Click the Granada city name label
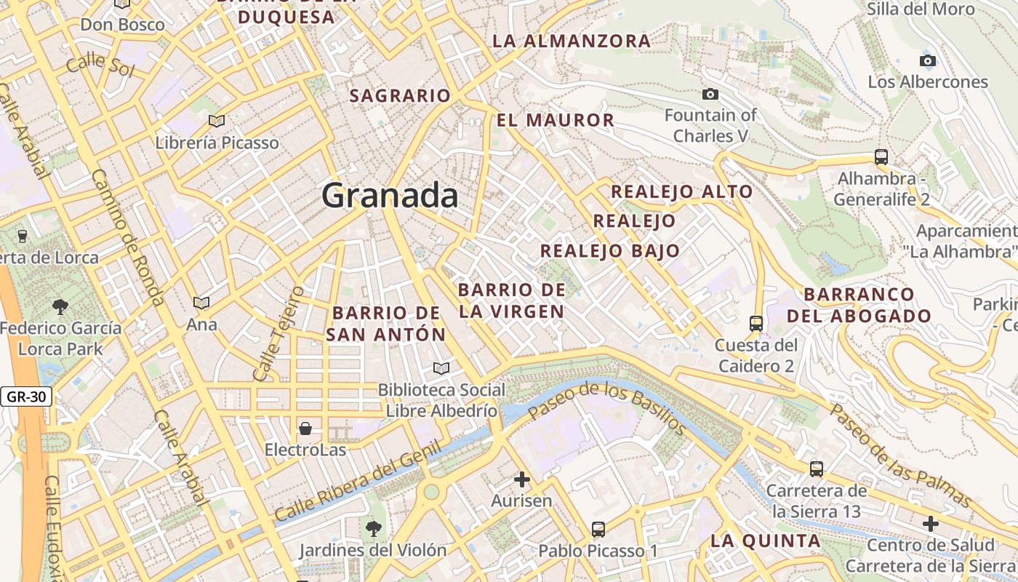[390, 196]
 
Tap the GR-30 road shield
[25, 397]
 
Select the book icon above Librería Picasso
[216, 121]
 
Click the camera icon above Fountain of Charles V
[710, 94]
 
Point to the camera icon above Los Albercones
[928, 60]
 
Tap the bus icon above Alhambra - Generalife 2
[881, 156]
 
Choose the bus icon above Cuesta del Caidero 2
[756, 323]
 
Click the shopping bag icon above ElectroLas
[305, 428]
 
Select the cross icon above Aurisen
[521, 479]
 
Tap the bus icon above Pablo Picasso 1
[598, 529]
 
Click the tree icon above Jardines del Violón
[373, 528]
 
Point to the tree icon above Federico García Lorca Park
[60, 307]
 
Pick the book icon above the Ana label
[201, 302]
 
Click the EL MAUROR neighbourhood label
[556, 120]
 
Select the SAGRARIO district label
[400, 95]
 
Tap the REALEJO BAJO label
[610, 251]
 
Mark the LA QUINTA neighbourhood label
[765, 541]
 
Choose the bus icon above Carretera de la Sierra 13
[817, 469]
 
